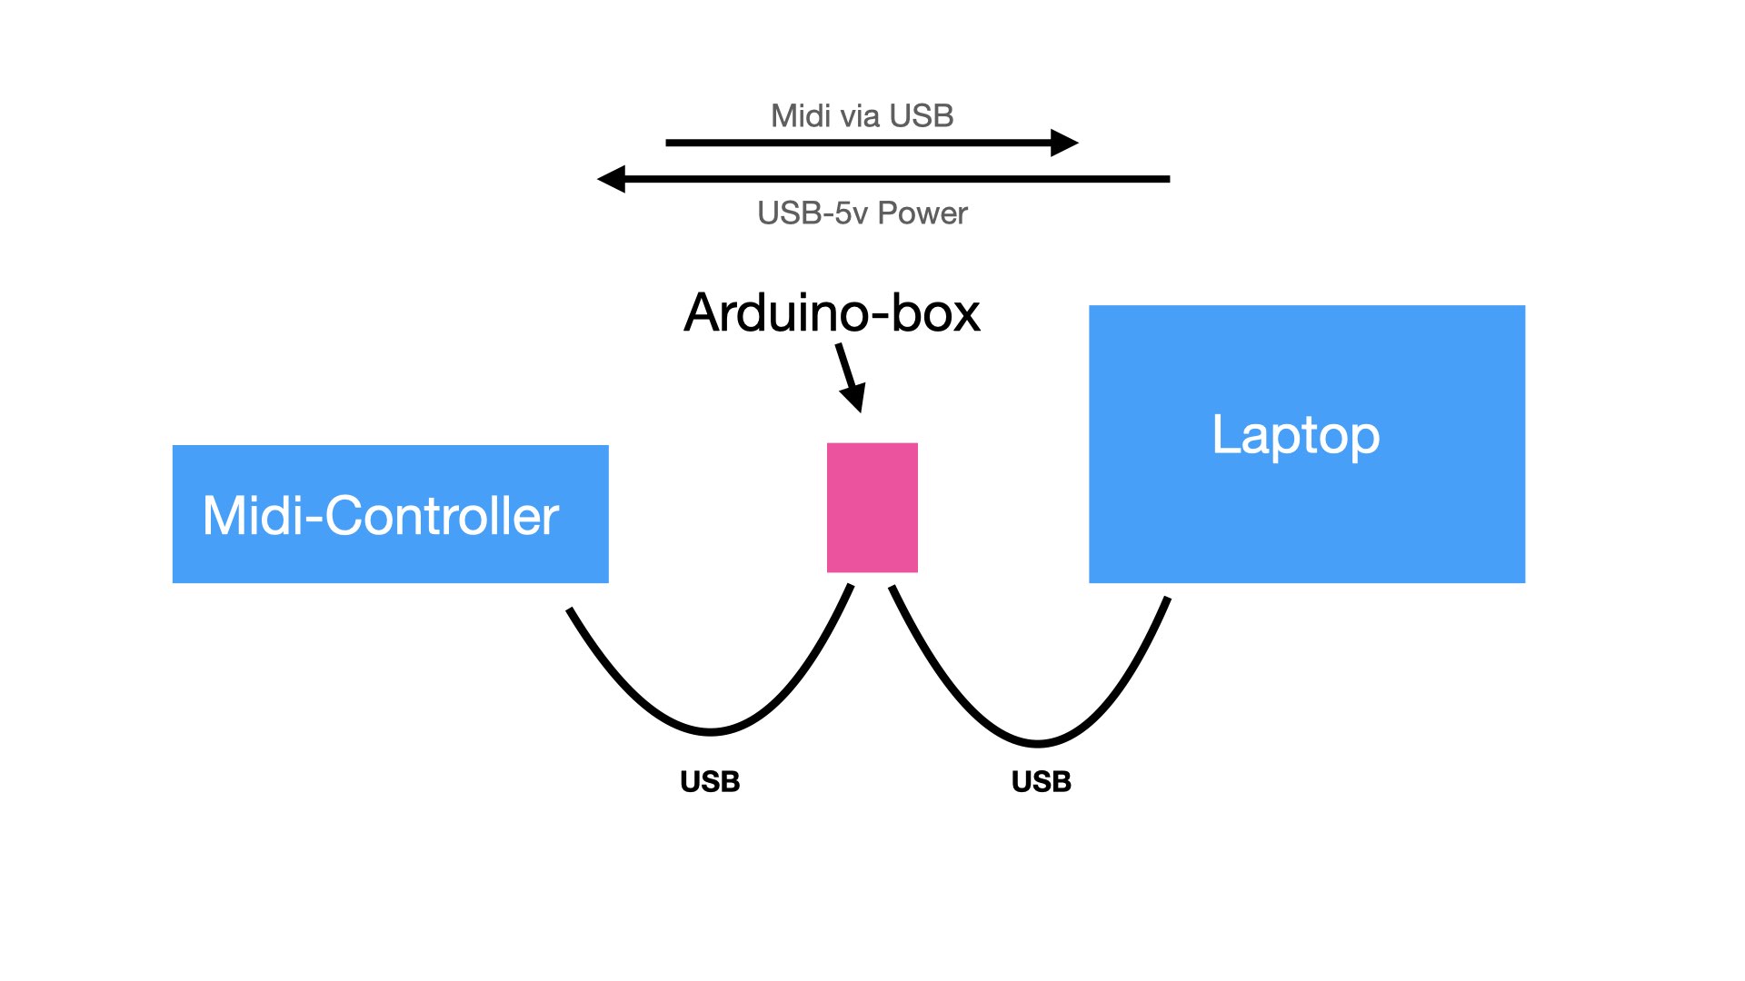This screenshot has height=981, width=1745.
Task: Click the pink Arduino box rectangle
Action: (x=872, y=508)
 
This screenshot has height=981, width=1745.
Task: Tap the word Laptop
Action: (x=1296, y=436)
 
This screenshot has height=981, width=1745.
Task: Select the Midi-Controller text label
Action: (x=381, y=516)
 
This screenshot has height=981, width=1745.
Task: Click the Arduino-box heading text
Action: (x=833, y=312)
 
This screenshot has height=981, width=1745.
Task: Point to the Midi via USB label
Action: (x=862, y=116)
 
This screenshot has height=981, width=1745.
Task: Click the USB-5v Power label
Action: (x=863, y=213)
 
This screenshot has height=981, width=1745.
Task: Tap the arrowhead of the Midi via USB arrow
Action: (x=1065, y=143)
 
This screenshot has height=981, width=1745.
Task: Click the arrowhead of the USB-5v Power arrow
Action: (x=612, y=179)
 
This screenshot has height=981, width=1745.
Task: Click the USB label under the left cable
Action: (x=710, y=782)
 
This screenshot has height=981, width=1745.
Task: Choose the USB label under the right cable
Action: (x=1042, y=782)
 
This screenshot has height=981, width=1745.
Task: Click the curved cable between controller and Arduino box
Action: (x=711, y=731)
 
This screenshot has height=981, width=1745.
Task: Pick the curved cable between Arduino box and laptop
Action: (x=1038, y=744)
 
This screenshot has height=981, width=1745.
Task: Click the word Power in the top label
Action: (x=923, y=213)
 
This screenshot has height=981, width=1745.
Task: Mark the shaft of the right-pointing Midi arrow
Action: (x=859, y=143)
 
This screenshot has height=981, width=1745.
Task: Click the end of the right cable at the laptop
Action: (x=1168, y=599)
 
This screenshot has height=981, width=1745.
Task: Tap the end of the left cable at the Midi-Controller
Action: (x=569, y=609)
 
